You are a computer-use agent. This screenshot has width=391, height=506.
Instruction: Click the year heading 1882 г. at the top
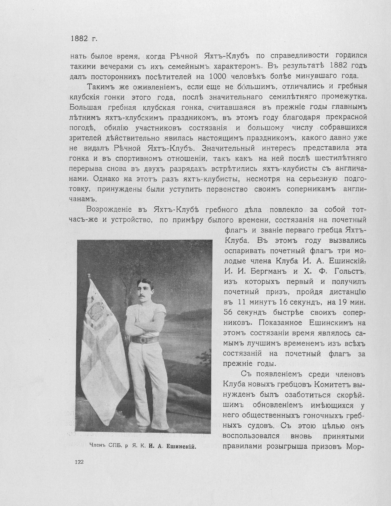84,39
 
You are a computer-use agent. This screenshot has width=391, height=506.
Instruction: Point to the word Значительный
228,149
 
